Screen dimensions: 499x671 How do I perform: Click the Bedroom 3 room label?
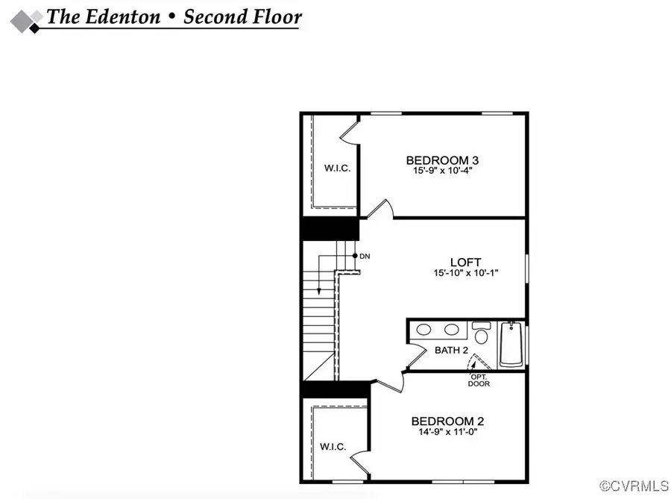click(441, 160)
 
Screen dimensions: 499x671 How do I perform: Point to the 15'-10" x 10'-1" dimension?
click(465, 273)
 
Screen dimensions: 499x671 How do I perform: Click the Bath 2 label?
click(451, 349)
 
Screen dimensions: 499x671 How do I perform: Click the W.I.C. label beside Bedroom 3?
click(337, 168)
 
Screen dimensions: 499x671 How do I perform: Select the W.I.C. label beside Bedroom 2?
click(333, 446)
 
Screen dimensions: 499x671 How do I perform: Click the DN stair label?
click(365, 257)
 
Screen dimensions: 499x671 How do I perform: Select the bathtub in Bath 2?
click(511, 344)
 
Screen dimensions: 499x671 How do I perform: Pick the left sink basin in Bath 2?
click(425, 329)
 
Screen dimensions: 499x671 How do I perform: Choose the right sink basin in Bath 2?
click(452, 329)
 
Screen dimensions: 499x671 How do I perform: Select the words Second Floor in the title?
click(242, 16)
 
